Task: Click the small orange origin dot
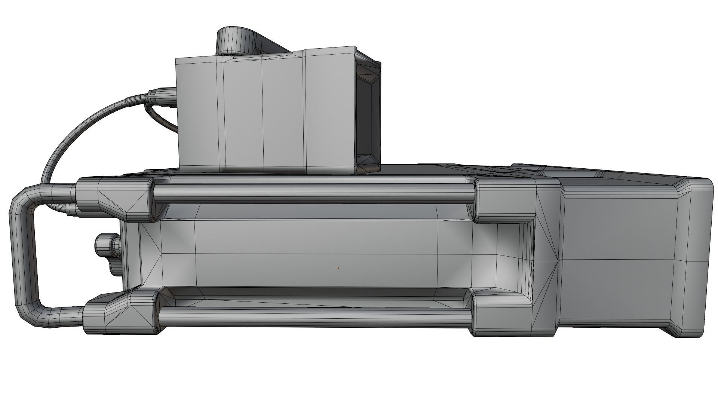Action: (x=338, y=268)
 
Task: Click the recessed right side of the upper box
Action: (x=368, y=112)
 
